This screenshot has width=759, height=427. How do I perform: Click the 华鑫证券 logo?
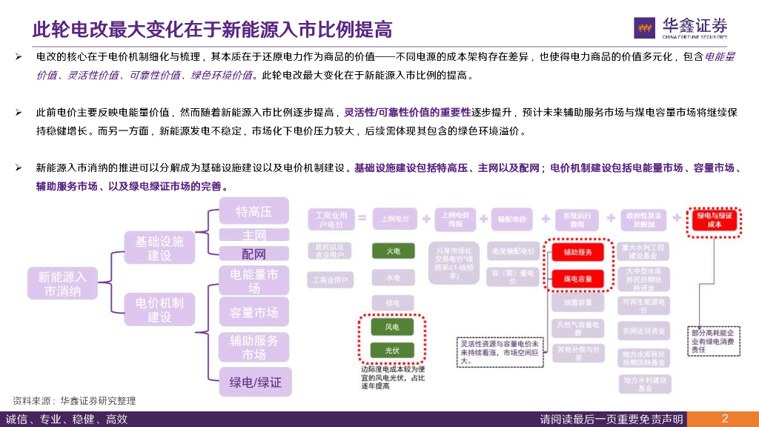point(680,27)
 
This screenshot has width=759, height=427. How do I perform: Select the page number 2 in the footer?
point(724,418)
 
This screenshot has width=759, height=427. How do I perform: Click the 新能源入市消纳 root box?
point(62,284)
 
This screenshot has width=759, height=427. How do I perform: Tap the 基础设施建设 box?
point(159,248)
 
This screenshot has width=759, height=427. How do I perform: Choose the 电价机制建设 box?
point(159,309)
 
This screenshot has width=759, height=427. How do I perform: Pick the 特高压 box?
point(254,212)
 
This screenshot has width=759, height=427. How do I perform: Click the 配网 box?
point(254,254)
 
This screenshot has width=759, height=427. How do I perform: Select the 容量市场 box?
point(254,313)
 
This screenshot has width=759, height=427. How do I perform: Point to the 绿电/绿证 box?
point(255,383)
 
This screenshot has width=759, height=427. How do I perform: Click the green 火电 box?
point(393,251)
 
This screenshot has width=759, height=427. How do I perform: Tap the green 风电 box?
point(393,326)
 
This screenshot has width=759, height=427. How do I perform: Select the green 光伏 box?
point(393,350)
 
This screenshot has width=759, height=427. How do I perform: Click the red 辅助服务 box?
point(577,252)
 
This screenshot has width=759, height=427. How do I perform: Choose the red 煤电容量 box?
point(577,279)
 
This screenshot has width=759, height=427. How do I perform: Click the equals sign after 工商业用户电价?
point(362,219)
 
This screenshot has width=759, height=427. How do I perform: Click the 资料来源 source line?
point(74,400)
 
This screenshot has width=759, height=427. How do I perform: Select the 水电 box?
point(393,278)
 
